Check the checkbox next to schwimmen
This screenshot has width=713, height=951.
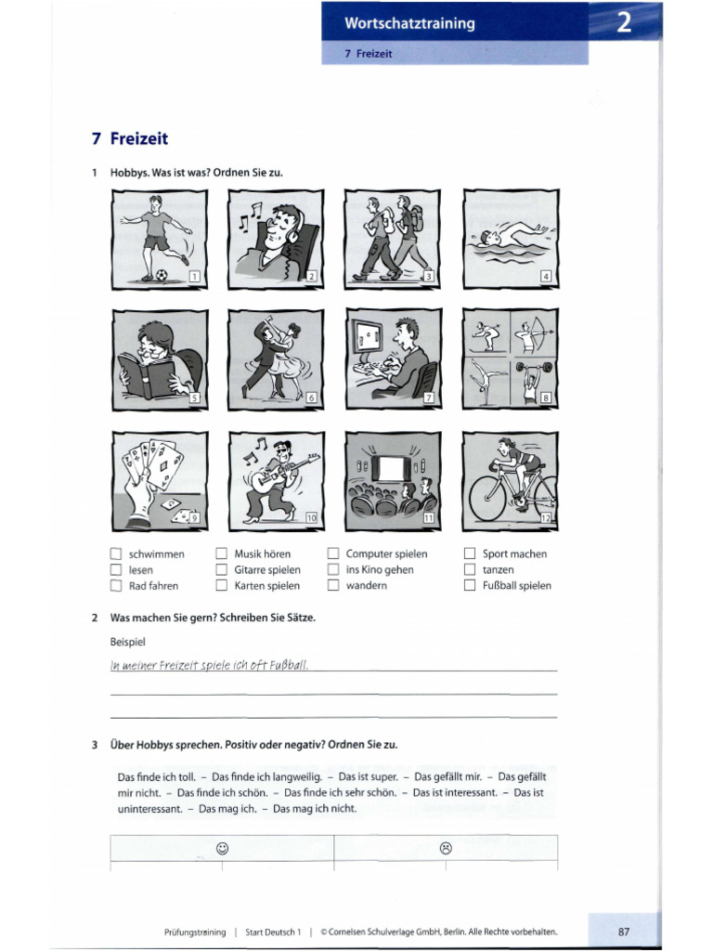116,554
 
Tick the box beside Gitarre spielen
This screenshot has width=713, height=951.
222,570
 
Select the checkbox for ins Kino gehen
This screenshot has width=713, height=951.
333,570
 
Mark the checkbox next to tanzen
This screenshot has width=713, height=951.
470,570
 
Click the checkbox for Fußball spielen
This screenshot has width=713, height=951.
470,586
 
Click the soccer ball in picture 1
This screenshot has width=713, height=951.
162,275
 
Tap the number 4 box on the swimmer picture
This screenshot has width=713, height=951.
546,276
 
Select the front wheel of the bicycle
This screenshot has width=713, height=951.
487,499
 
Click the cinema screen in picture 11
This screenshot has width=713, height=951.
389,465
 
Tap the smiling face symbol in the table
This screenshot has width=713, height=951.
222,847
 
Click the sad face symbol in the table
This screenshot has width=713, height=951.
446,847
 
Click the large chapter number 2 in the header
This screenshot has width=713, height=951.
625,23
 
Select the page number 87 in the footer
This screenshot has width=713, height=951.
623,931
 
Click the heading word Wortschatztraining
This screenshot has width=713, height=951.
409,24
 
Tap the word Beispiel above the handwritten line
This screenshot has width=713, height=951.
128,642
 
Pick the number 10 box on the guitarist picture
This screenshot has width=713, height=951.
312,516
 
